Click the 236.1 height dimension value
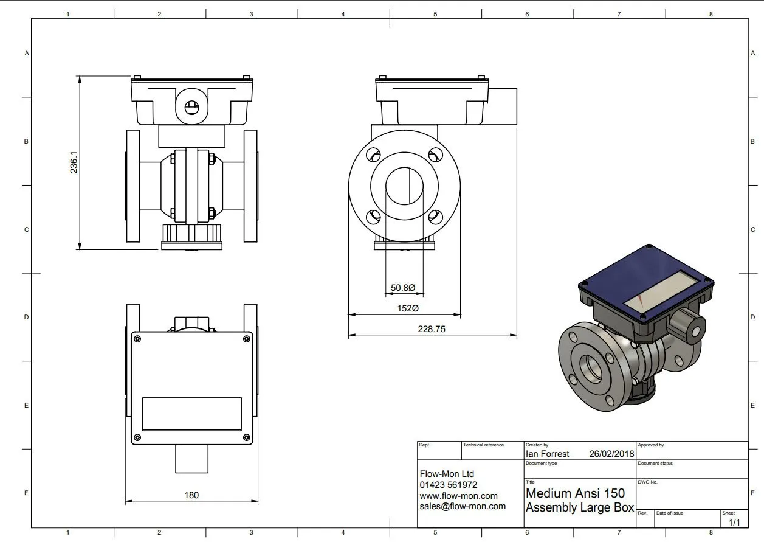[74, 162]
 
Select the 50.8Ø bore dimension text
[403, 288]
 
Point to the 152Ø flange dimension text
[408, 308]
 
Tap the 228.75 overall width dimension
[432, 329]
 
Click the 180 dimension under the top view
[191, 495]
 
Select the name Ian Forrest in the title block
[547, 454]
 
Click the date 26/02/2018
[611, 454]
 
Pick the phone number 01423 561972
[448, 485]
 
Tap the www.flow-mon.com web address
[458, 496]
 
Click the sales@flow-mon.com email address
[463, 506]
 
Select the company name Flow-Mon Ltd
[447, 474]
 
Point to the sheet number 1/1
[734, 522]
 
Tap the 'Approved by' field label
[651, 445]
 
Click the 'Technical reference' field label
[483, 445]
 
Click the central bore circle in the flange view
[405, 186]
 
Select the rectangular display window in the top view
[192, 414]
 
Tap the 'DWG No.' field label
[647, 482]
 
